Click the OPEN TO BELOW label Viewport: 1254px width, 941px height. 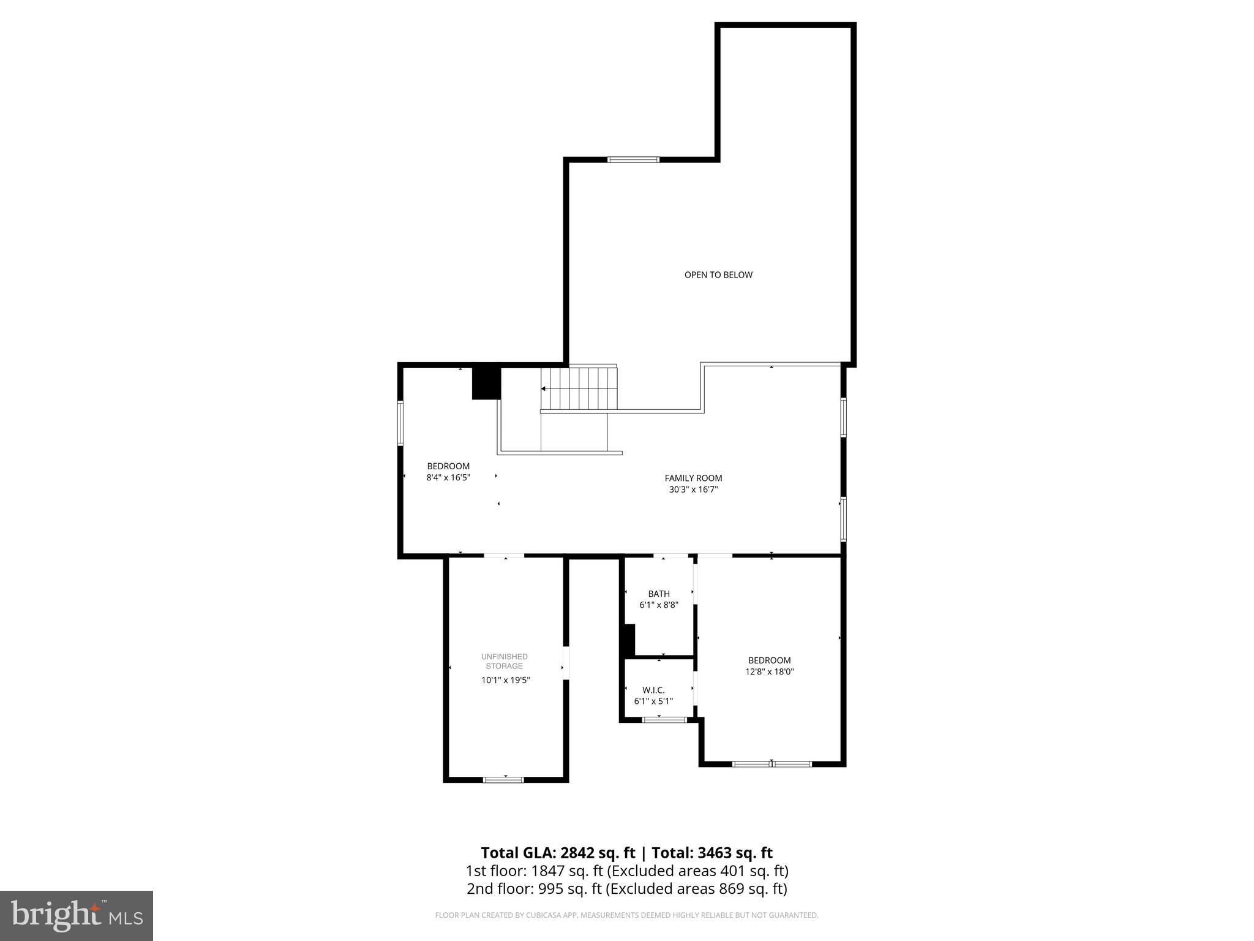(718, 275)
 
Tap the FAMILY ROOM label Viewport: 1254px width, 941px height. (693, 478)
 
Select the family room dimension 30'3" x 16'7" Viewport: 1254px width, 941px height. (693, 489)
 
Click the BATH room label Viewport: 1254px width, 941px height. (659, 594)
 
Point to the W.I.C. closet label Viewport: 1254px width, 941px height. (653, 690)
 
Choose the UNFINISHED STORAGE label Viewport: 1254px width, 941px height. (505, 661)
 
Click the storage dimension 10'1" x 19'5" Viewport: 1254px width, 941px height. (505, 680)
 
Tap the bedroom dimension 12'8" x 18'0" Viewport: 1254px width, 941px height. (770, 671)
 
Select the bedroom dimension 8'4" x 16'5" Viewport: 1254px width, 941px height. (448, 477)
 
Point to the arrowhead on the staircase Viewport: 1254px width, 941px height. (543, 388)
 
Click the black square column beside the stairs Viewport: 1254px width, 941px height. (486, 382)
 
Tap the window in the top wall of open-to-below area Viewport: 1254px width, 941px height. (633, 160)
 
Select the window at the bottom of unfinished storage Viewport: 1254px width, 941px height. (503, 780)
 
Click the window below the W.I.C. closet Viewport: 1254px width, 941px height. (664, 720)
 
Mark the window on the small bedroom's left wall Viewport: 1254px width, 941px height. (400, 422)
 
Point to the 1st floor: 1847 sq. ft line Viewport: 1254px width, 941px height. (626, 871)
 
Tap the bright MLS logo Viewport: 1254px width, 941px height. (77, 915)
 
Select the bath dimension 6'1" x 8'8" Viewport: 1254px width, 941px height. (659, 605)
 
